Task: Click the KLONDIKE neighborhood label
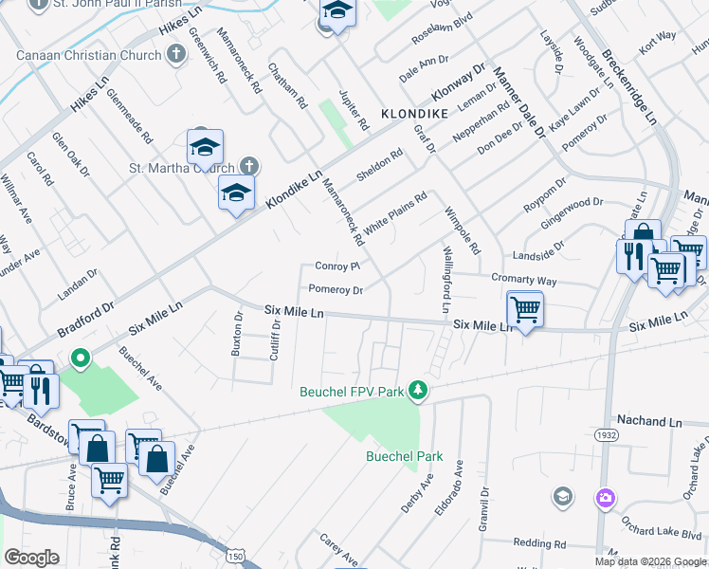coord(412,113)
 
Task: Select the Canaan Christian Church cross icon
coord(174,54)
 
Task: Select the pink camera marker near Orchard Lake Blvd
coord(606,497)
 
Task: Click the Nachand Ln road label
coord(649,420)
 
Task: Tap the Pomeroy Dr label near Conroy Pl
coord(336,289)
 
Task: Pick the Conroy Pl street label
coord(338,266)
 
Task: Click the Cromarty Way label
coord(524,281)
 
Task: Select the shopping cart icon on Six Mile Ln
coord(524,306)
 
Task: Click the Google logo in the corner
coord(31,558)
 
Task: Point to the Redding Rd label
coord(539,543)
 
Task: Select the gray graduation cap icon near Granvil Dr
coord(563,496)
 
